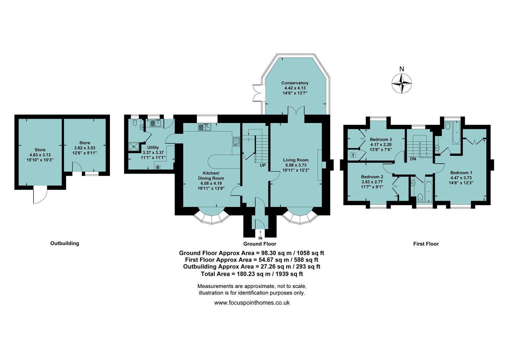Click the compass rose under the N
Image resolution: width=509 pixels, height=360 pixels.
pyautogui.click(x=401, y=83)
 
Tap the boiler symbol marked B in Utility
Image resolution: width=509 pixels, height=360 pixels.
pyautogui.click(x=158, y=167)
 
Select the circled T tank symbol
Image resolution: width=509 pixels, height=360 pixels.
pyautogui.click(x=353, y=155)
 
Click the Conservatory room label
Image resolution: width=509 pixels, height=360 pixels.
pyautogui.click(x=295, y=83)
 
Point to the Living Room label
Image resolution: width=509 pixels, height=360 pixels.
pyautogui.click(x=295, y=160)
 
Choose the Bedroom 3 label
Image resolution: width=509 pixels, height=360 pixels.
pyautogui.click(x=381, y=139)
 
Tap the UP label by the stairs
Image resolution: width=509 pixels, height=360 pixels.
pyautogui.click(x=262, y=165)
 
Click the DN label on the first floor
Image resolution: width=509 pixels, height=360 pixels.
pyautogui.click(x=413, y=159)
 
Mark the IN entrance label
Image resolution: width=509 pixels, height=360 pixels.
pyautogui.click(x=260, y=238)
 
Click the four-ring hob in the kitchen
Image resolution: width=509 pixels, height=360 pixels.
pyautogui.click(x=236, y=141)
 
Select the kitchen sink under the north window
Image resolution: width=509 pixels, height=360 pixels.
pyautogui.click(x=205, y=127)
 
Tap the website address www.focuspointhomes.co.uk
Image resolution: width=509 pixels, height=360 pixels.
pyautogui.click(x=252, y=303)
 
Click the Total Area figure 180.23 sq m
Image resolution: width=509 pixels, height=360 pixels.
pyautogui.click(x=254, y=274)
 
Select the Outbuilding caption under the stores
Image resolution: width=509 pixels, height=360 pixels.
pyautogui.click(x=65, y=243)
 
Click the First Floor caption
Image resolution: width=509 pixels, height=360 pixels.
pyautogui.click(x=426, y=244)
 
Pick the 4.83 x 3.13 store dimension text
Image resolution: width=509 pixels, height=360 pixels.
pyautogui.click(x=40, y=155)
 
